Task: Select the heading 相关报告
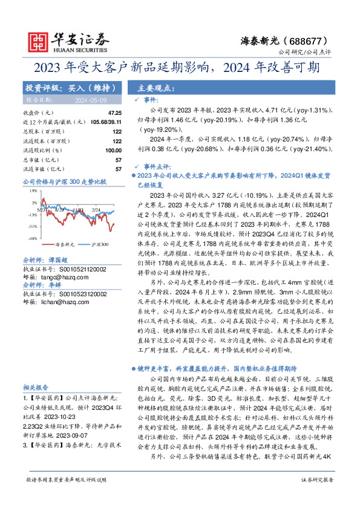[36, 387]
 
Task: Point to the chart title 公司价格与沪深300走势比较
[64, 181]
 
